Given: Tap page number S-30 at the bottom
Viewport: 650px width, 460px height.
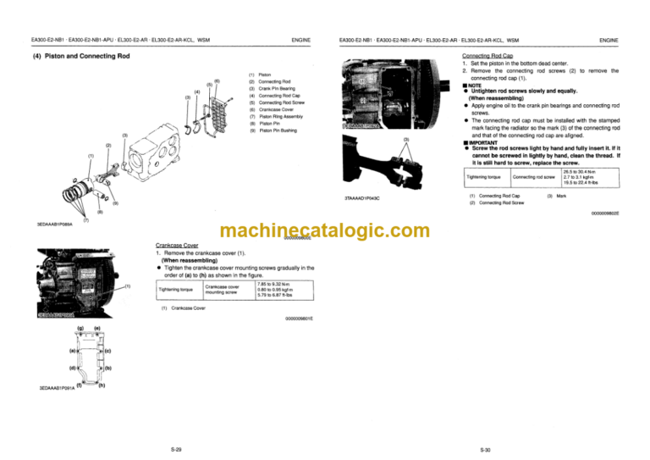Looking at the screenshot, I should [485, 449].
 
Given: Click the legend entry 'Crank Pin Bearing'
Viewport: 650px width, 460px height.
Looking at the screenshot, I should [276, 89].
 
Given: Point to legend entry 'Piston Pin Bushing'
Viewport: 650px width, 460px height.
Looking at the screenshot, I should [278, 130].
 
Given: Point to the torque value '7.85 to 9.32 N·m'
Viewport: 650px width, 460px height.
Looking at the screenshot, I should [273, 284].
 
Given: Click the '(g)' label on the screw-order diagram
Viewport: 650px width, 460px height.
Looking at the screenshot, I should [80, 329].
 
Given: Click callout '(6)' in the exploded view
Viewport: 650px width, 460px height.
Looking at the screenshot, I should [218, 80].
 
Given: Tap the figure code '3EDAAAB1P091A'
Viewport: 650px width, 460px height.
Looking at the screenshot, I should [56, 388].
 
